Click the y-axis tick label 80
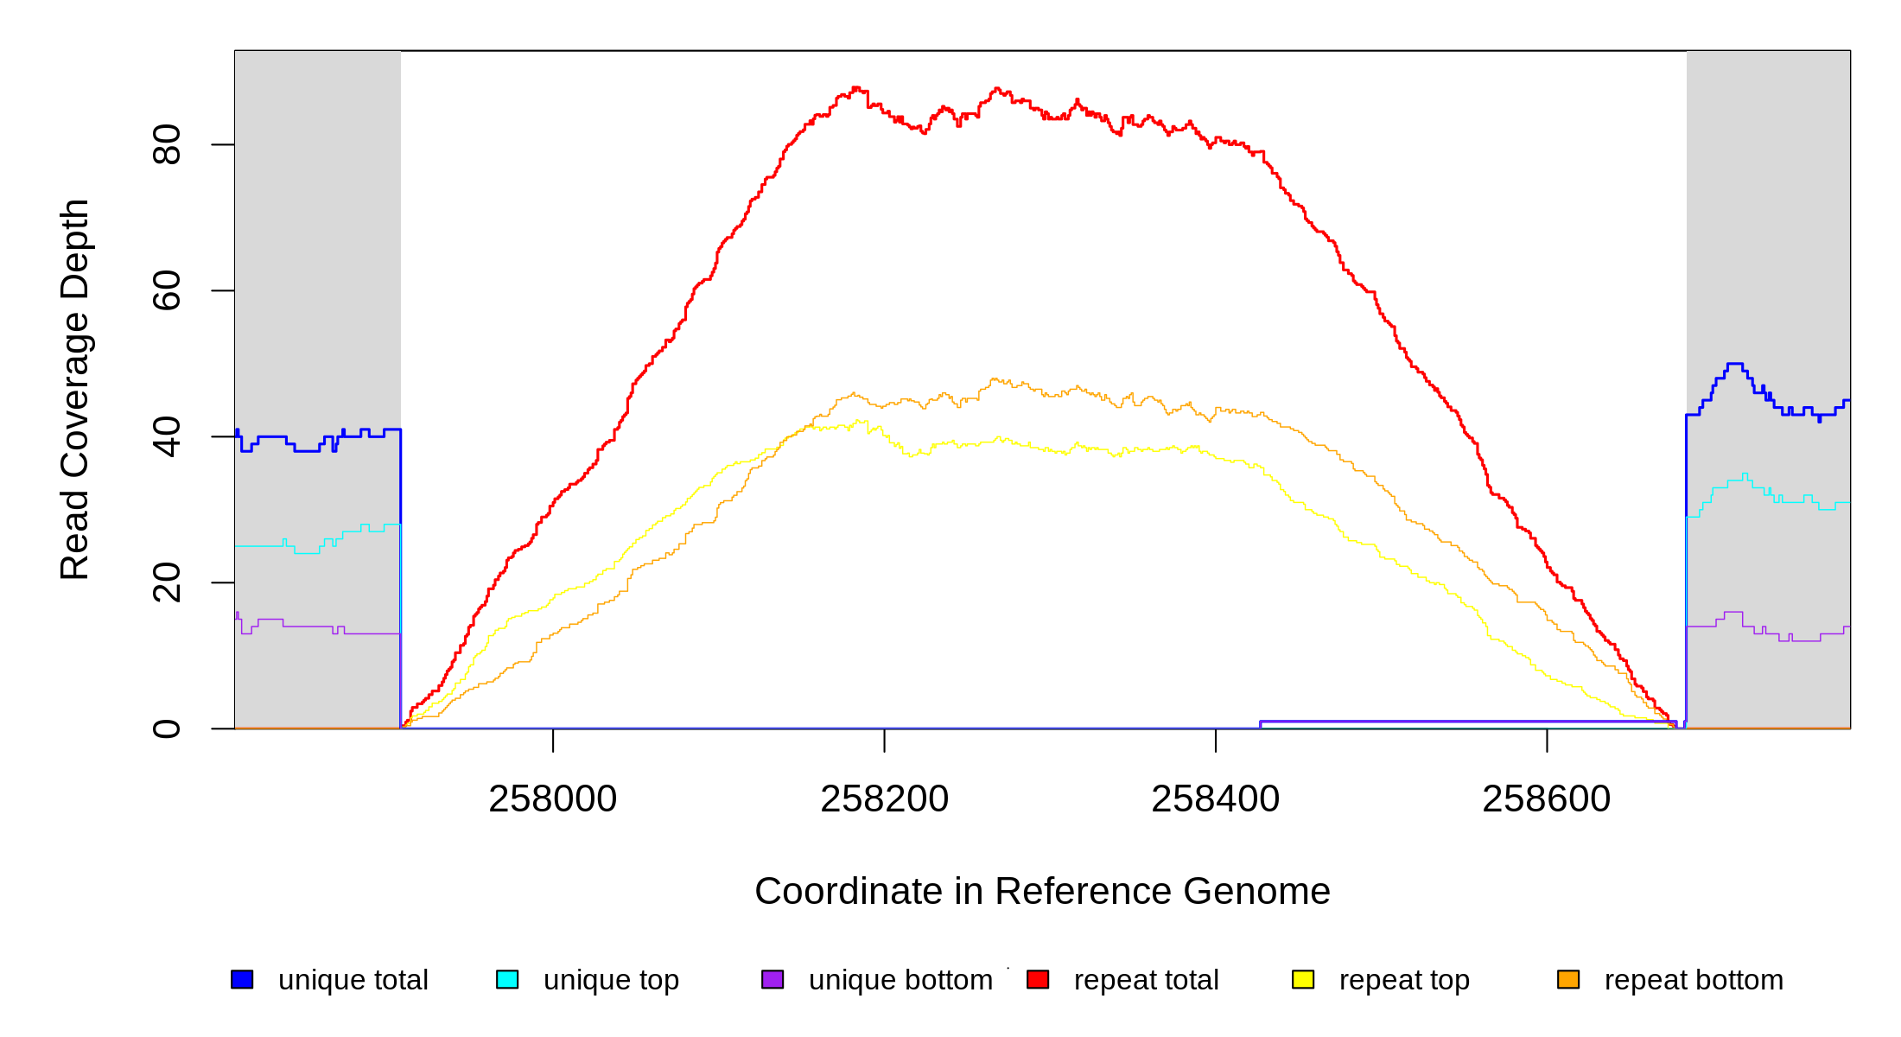coord(166,144)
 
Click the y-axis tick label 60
coord(166,290)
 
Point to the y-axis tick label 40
coord(166,436)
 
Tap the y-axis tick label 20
coord(166,582)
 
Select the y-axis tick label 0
coord(166,728)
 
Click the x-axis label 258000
coord(553,799)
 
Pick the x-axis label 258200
coord(884,799)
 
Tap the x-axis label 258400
coord(1215,799)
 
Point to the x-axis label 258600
coord(1546,799)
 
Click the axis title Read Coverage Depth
coord(75,389)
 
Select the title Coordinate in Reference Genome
coord(1042,891)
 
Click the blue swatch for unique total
coord(242,979)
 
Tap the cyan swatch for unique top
coord(507,979)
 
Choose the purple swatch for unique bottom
coord(772,979)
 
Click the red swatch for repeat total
coord(1038,979)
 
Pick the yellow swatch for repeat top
coord(1303,979)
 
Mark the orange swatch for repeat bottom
coord(1568,979)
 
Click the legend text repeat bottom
coord(1694,980)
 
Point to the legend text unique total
coord(353,980)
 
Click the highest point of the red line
coord(855,87)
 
